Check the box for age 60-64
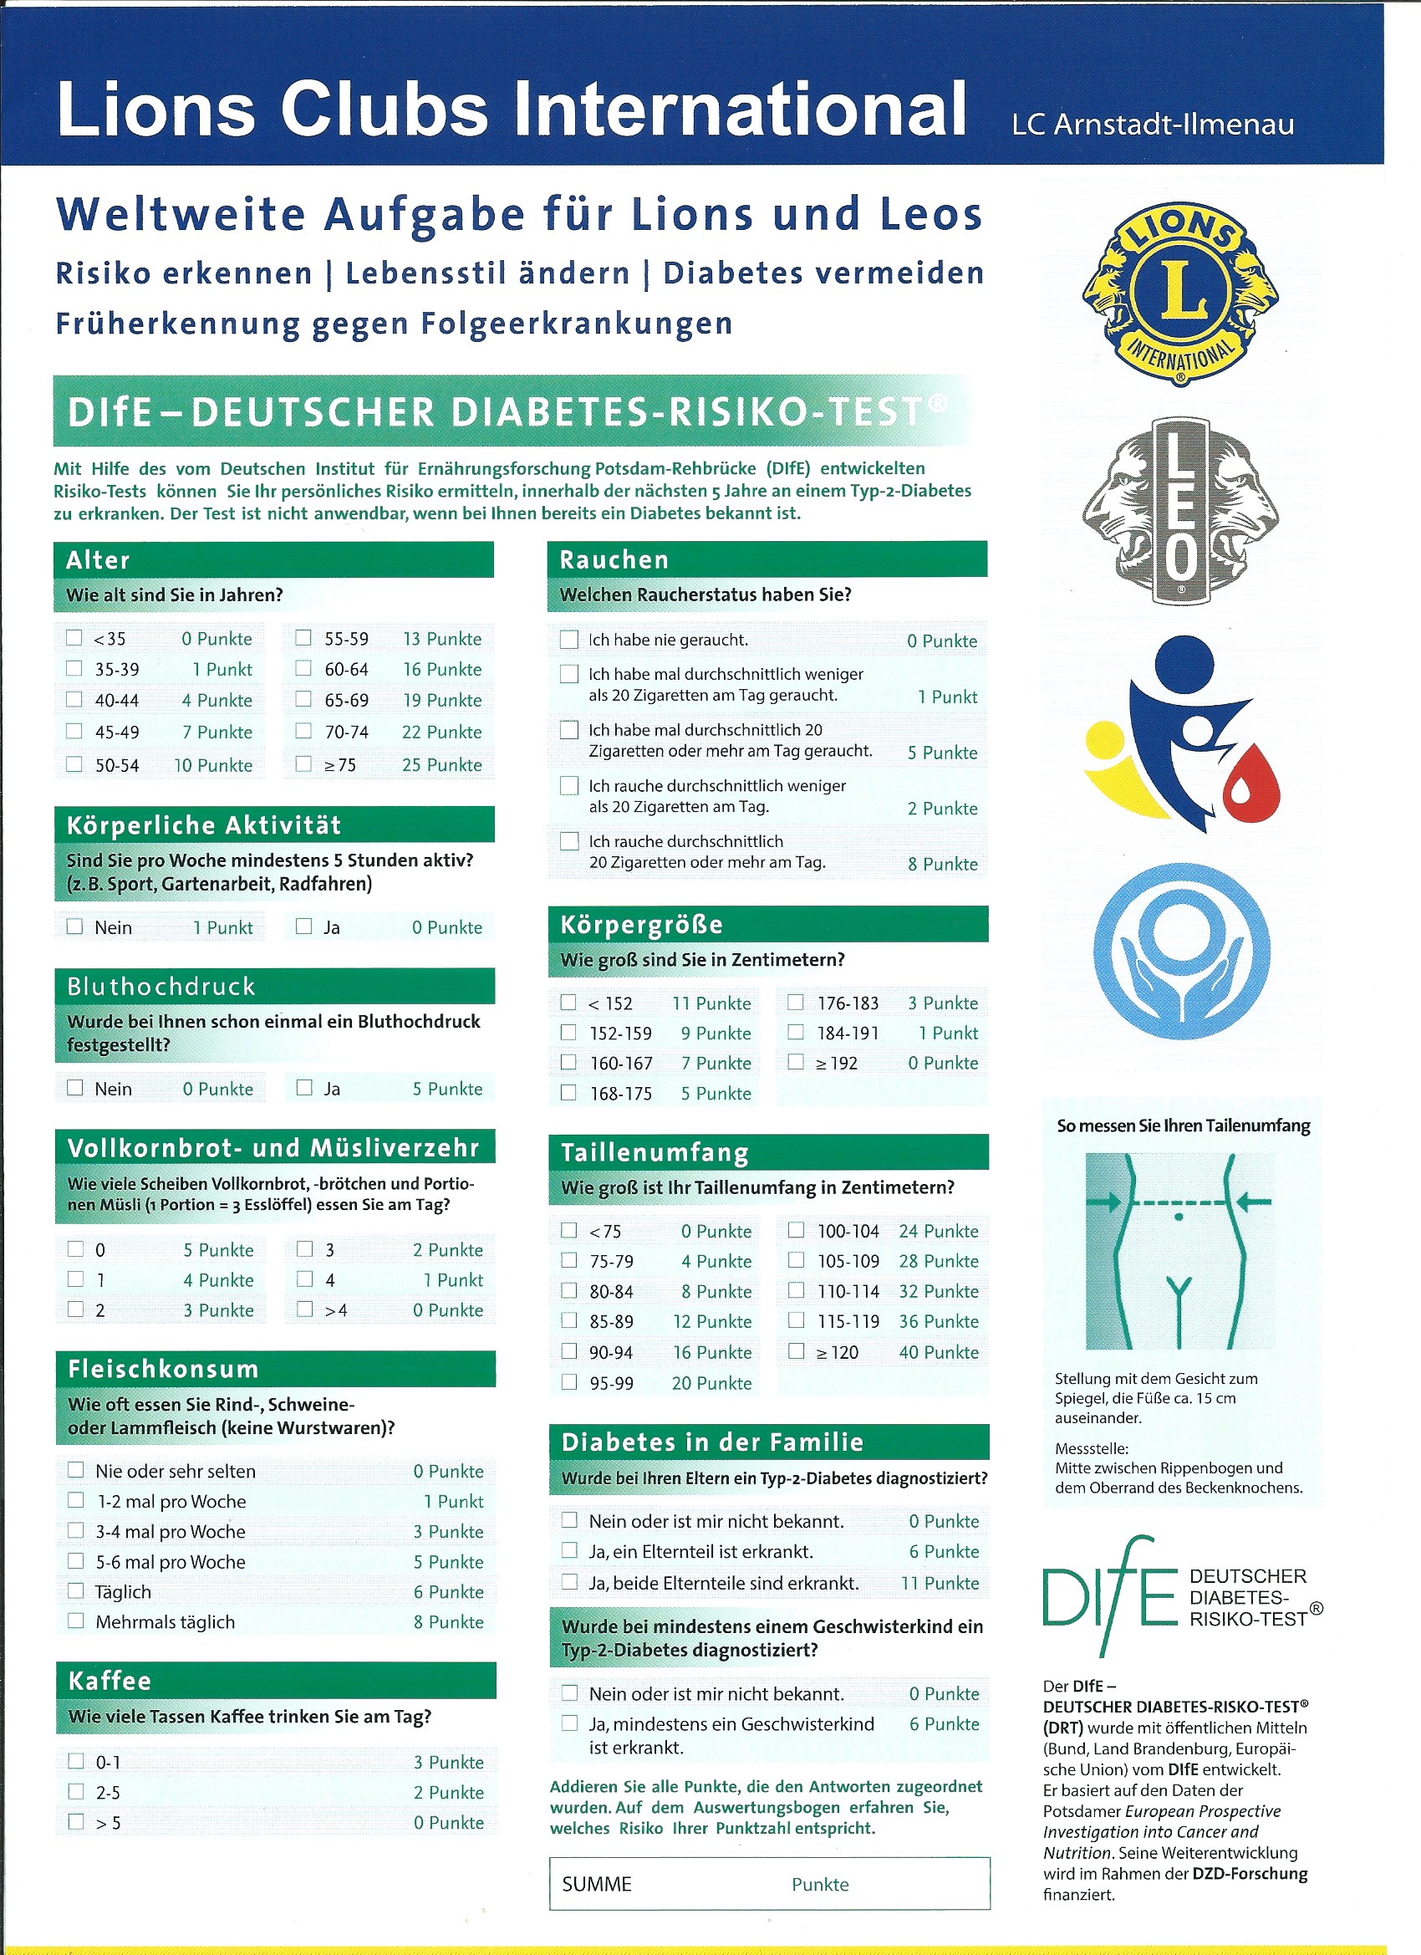[x=303, y=668]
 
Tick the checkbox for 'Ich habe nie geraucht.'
[x=568, y=640]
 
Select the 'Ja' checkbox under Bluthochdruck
[x=304, y=1088]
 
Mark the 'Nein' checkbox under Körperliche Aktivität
[x=75, y=926]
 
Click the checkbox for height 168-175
[x=568, y=1093]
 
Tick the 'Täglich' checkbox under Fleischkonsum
[x=76, y=1591]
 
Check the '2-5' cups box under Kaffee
[x=76, y=1792]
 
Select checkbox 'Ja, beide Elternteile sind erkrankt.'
[x=569, y=1582]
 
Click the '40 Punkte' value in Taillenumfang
[x=939, y=1352]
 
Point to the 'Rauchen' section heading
[x=614, y=560]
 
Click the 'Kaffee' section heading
[x=110, y=1681]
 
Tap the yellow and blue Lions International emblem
[x=1180, y=293]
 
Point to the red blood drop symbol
[x=1251, y=784]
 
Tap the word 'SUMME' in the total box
[x=596, y=1884]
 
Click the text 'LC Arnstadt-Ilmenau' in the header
[x=1153, y=125]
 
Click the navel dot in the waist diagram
[x=1178, y=1217]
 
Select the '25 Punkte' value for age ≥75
[x=441, y=764]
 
